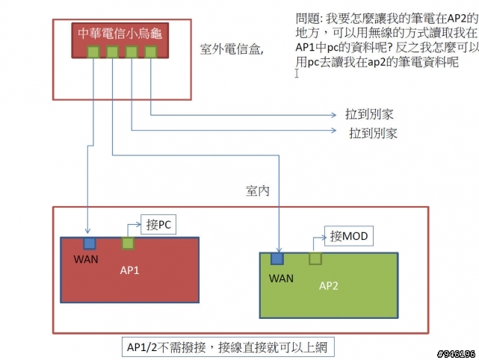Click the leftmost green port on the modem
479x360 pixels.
point(93,52)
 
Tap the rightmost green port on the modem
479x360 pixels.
point(151,52)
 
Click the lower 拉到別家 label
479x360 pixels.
point(373,134)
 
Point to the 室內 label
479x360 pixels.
point(257,192)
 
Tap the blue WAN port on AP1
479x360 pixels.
point(90,243)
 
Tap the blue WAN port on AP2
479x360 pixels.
point(277,258)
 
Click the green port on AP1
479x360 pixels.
point(128,243)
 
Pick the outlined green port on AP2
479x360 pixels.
point(315,258)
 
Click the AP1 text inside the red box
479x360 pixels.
point(130,270)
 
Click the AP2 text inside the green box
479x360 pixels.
point(330,285)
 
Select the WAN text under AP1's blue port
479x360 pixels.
point(86,260)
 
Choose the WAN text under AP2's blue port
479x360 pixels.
point(281,278)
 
